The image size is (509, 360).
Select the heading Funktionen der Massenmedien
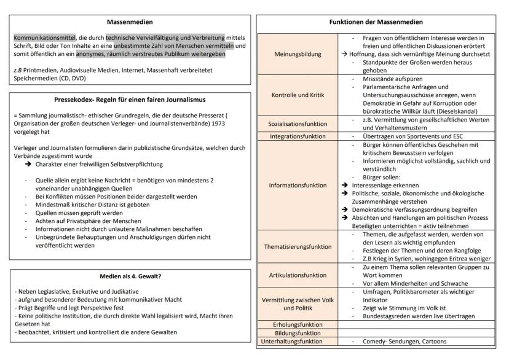click(382, 22)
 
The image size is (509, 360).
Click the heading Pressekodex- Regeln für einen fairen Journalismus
click(130, 99)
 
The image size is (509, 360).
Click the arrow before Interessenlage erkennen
click(345, 185)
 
